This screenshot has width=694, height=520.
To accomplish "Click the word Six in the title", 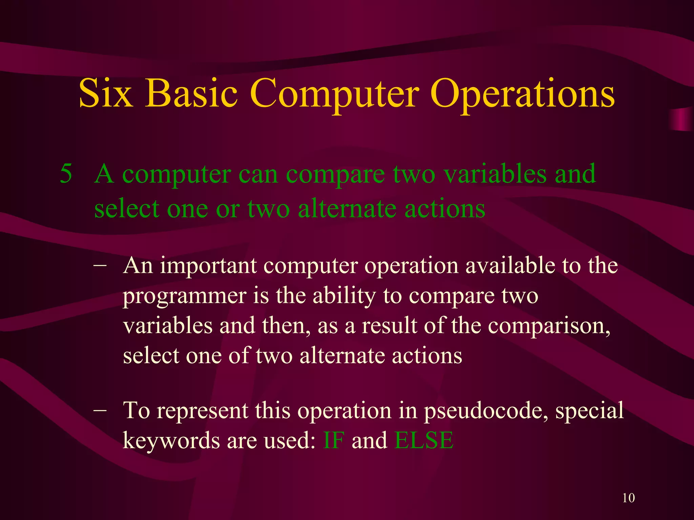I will tap(105, 93).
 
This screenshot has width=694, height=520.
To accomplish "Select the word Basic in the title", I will tap(191, 93).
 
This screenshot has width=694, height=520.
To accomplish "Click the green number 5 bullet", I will tap(66, 174).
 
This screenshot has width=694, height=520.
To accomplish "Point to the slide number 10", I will tap(629, 498).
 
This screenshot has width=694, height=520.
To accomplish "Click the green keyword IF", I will tap(333, 440).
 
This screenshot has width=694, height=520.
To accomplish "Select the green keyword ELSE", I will tap(424, 440).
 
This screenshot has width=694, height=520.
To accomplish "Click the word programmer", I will tap(184, 297).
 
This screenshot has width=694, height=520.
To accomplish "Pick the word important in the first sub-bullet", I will tap(208, 266).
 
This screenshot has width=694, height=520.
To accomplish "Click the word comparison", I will tap(549, 326).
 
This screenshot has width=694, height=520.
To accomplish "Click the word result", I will tap(389, 326).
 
